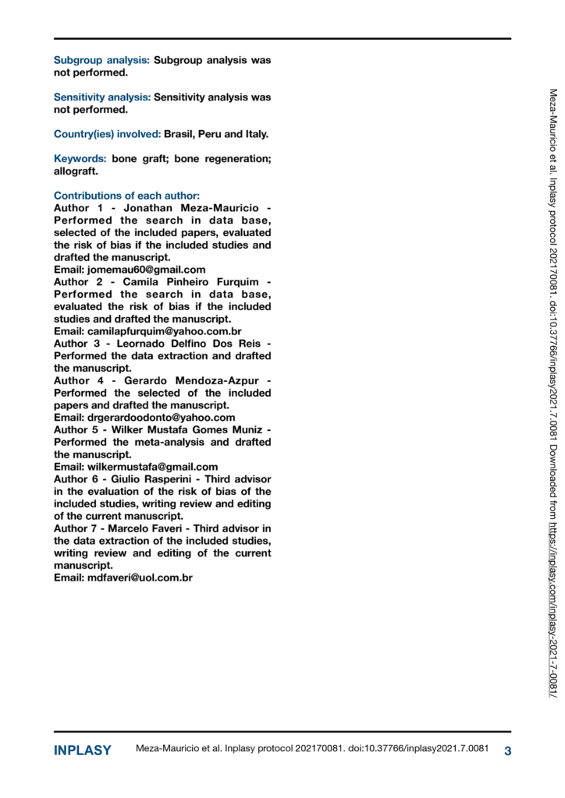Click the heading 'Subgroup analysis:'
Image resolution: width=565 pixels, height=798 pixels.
click(101, 59)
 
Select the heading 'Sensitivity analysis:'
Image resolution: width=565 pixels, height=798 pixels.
click(101, 97)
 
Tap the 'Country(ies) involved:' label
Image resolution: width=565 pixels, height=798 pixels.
click(107, 134)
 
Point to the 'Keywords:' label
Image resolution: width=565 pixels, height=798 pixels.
click(80, 159)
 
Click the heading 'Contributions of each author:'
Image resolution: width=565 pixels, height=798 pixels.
click(126, 196)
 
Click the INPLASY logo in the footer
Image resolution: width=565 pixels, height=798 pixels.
click(82, 750)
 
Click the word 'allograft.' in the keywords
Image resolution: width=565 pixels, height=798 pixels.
click(76, 171)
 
